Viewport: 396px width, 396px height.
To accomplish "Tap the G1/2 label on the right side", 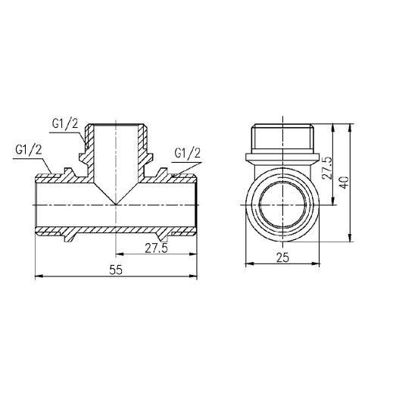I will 187,154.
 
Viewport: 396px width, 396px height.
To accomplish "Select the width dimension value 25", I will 282,258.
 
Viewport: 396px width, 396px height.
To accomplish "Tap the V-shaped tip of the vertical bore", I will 116,203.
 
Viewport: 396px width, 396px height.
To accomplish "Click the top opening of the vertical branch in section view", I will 116,126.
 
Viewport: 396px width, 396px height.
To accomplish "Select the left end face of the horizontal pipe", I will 37,204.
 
